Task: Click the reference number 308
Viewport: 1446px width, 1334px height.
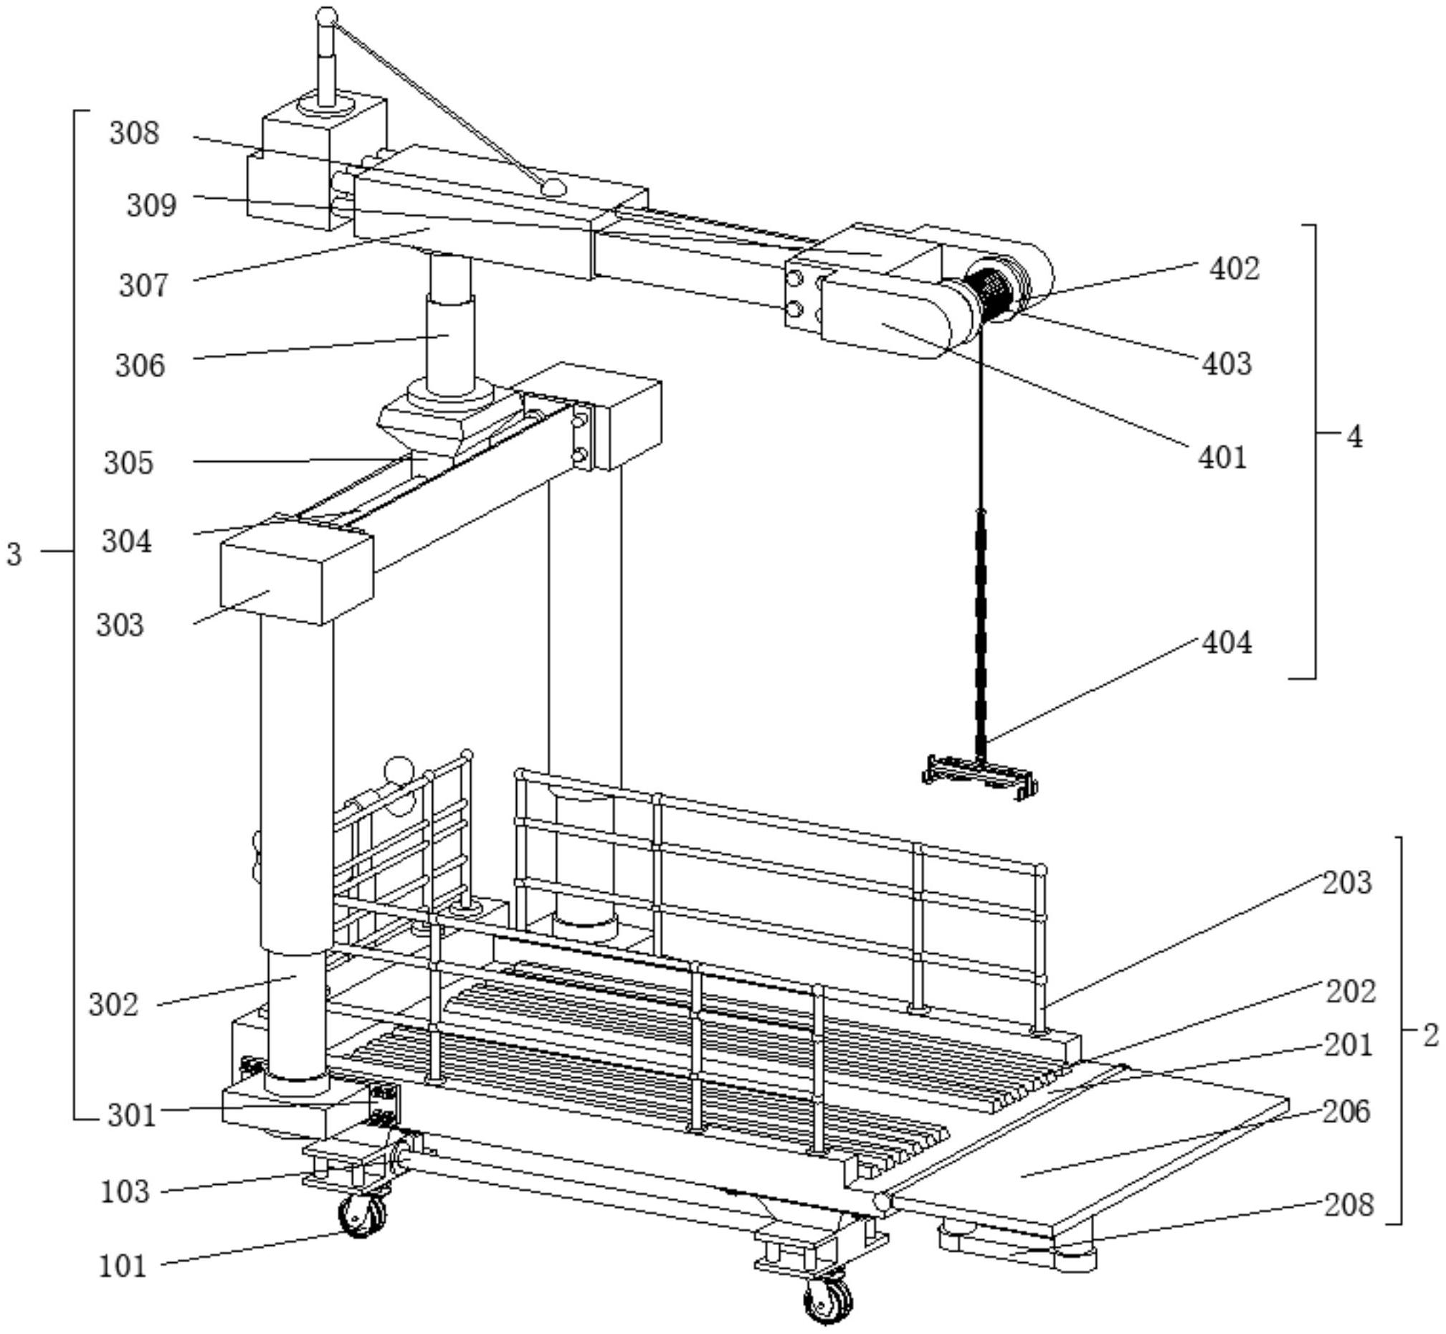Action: [134, 133]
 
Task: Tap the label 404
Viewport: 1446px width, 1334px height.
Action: [1226, 642]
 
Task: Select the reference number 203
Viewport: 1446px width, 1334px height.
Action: [1346, 882]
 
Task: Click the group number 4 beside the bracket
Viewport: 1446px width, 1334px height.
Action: [1354, 436]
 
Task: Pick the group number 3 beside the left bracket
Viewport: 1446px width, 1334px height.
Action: [14, 554]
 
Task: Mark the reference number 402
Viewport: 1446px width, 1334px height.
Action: [1235, 268]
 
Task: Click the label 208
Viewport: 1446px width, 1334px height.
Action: [1349, 1205]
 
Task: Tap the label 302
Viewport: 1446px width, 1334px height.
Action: [113, 1004]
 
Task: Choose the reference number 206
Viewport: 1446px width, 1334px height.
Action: [1346, 1112]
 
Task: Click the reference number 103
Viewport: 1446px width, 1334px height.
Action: [125, 1191]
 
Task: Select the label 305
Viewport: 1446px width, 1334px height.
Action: [128, 463]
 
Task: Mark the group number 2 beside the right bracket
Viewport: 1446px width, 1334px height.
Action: [1431, 1037]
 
